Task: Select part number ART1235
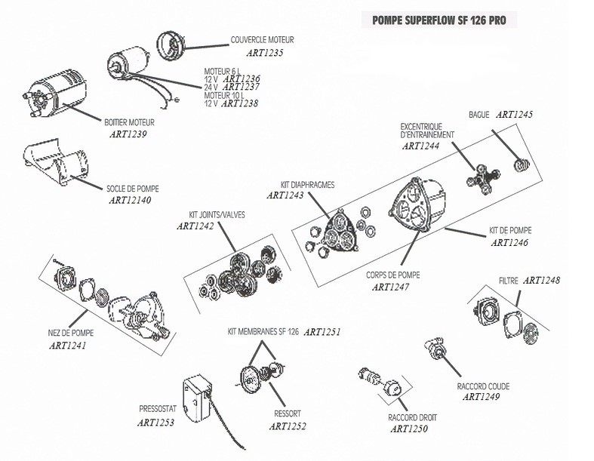click(265, 53)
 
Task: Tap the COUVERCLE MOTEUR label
click(262, 39)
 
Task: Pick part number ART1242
click(195, 226)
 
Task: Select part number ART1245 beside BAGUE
click(515, 115)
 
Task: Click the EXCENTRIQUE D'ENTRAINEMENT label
click(427, 130)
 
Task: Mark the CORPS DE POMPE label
click(392, 275)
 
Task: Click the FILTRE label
click(509, 281)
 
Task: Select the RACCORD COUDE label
click(483, 386)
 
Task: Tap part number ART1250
click(411, 429)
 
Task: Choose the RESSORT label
click(288, 414)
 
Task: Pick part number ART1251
click(323, 332)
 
